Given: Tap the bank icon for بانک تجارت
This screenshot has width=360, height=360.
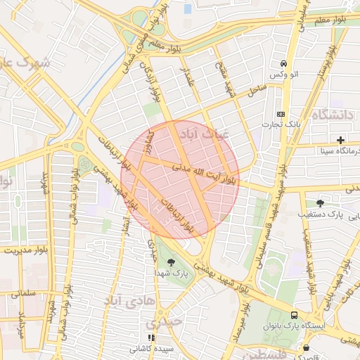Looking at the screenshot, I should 281,114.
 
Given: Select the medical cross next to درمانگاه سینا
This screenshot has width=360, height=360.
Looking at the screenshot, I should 341,141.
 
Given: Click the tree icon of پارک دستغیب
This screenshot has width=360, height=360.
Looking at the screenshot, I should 321,203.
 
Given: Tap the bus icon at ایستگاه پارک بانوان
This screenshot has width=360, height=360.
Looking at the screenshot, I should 294,316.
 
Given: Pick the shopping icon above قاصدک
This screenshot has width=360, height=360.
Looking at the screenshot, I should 306,347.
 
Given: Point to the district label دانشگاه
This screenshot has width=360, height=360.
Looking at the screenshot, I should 334,115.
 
